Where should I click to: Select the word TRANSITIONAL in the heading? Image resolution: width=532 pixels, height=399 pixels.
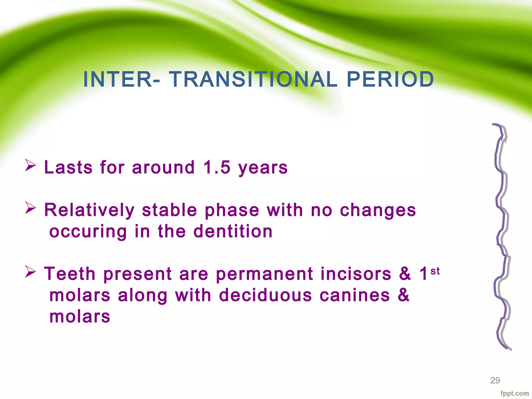point(253,79)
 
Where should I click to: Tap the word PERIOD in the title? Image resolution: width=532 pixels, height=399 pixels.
point(390,79)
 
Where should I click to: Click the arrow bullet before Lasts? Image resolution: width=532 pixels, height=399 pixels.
point(30,165)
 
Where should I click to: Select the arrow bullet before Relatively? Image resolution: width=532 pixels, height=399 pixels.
point(30,208)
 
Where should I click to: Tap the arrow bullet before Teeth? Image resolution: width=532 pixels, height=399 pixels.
point(30,272)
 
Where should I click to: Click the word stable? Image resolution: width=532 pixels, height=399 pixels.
point(169,210)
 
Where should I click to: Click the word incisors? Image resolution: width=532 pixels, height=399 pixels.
point(356,274)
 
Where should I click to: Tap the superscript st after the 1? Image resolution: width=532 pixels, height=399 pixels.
point(435,271)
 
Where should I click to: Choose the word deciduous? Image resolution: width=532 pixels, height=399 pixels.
point(265,295)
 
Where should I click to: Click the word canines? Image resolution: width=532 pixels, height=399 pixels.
point(355,295)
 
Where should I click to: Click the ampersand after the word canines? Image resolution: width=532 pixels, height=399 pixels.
point(403,295)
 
